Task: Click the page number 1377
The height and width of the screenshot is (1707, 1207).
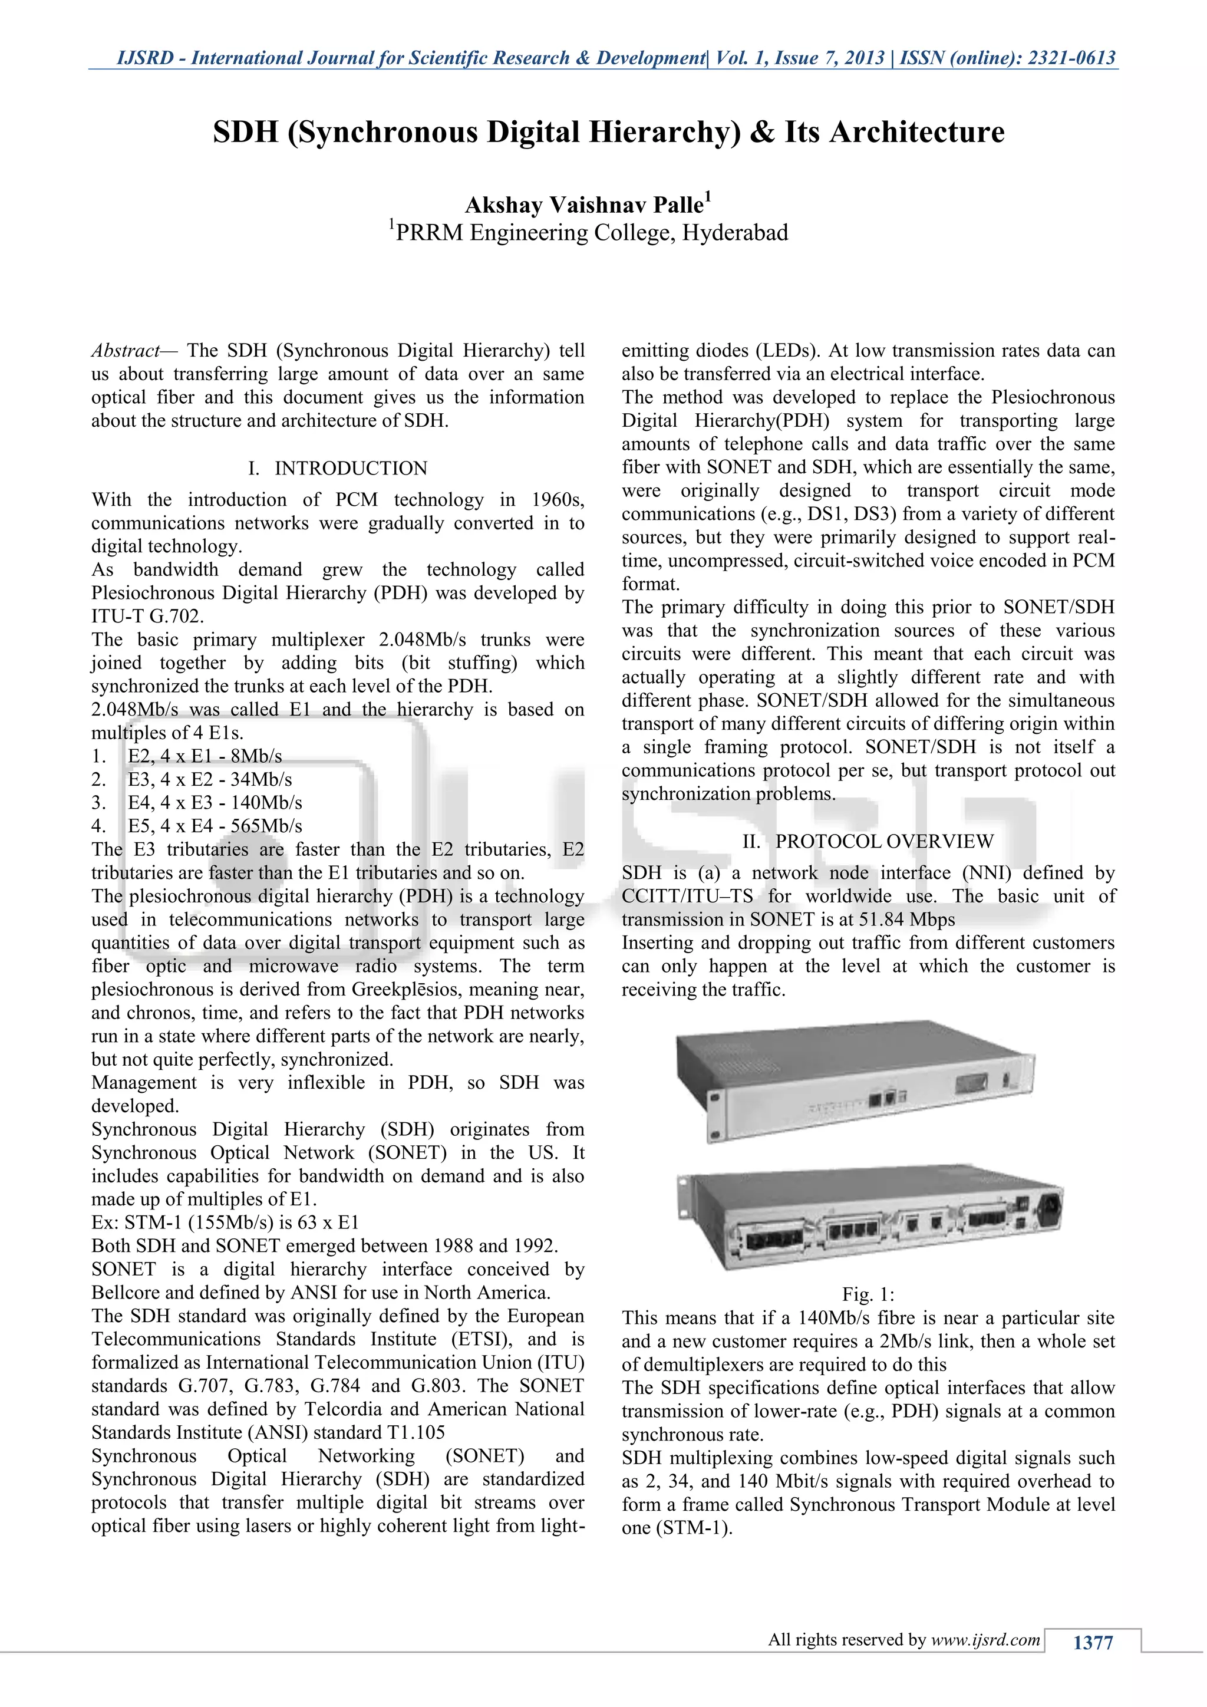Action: click(x=1093, y=1642)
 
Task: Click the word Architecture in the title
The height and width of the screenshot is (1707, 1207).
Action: click(x=916, y=133)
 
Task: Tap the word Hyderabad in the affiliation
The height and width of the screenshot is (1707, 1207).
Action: click(x=735, y=233)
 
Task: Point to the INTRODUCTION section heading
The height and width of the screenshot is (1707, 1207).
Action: click(x=351, y=469)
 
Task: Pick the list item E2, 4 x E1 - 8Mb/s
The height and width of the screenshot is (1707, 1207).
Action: click(x=205, y=756)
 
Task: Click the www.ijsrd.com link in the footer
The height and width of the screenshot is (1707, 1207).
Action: click(x=985, y=1639)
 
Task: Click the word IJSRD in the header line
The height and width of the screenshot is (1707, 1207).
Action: click(x=148, y=58)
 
